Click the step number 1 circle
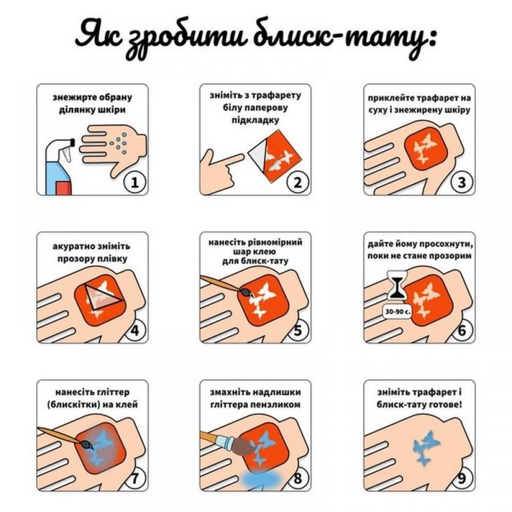pos(134,182)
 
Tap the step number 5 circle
pos(298,330)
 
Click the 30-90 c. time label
pos(396,310)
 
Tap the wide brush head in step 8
pos(241,445)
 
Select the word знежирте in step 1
pos(71,97)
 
